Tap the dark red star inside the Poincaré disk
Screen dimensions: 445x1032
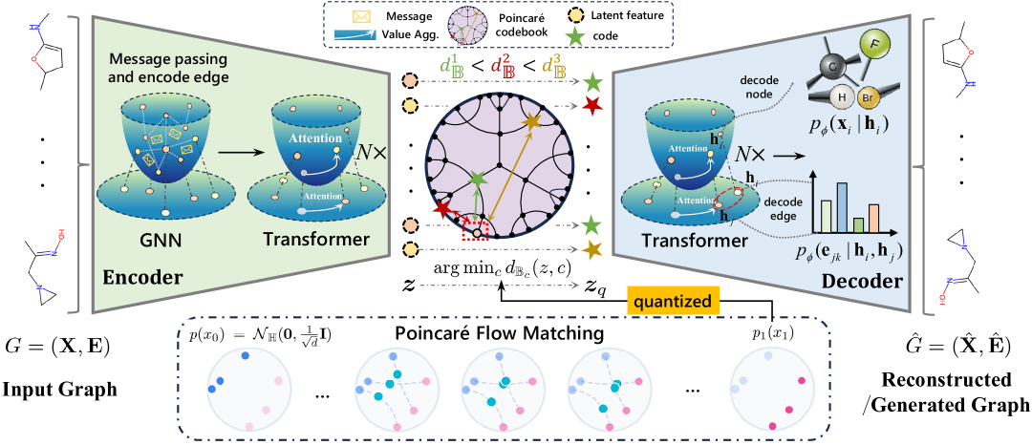tap(443, 207)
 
